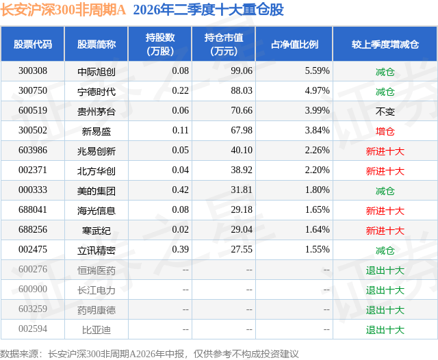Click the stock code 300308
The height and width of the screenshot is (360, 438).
33,71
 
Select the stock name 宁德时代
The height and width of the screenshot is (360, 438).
96,92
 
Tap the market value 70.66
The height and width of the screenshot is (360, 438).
242,111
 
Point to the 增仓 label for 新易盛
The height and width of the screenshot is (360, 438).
385,131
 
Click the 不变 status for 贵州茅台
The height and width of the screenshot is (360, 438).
385,112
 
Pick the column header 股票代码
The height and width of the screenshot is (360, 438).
33,44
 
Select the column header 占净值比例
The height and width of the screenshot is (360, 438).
294,44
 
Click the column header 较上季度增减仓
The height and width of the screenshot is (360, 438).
385,44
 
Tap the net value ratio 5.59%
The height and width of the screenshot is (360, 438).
318,71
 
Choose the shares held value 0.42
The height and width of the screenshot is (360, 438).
181,190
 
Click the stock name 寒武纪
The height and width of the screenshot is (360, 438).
96,231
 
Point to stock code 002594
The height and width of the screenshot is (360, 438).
33,329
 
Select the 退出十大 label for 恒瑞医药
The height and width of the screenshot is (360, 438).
385,270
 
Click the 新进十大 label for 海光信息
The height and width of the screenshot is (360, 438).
385,211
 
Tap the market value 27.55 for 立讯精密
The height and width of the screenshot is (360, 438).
242,249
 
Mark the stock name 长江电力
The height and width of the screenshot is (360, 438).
96,290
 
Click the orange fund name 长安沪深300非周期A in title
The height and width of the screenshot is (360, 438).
63,10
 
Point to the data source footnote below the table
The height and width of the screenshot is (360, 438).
149,354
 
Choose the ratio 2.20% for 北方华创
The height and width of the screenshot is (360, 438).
318,170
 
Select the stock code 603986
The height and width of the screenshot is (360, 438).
33,151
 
